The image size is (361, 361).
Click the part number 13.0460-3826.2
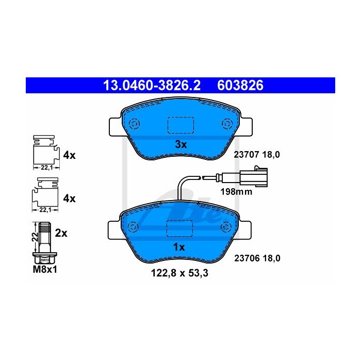pos(152,86)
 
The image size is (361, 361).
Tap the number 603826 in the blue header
pos(240,86)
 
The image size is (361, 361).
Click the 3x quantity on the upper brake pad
pos(180,144)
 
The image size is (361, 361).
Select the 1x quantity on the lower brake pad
pos(179,247)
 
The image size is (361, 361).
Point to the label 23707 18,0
pos(257,155)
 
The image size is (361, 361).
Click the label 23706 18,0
pos(257,258)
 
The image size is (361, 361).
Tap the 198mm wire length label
pos(236,191)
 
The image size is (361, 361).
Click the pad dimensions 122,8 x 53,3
pos(179,273)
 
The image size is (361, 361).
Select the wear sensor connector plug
pos(254,176)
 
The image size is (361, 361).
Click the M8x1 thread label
pos(45,269)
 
